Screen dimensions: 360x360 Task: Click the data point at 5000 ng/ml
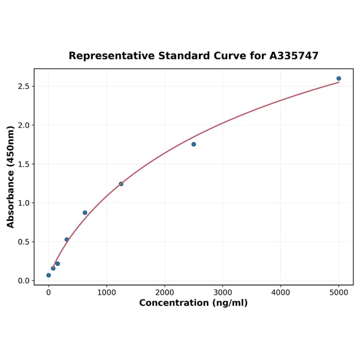[338, 79]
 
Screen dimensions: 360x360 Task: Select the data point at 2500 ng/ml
[194, 144]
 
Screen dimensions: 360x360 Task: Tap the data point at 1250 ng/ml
[121, 184]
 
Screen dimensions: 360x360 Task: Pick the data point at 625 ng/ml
[85, 213]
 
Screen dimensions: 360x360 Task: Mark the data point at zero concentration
[49, 275]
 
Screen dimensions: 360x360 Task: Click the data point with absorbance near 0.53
[67, 239]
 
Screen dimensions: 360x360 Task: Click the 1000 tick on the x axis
[106, 293]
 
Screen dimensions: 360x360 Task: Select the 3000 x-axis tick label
[222, 293]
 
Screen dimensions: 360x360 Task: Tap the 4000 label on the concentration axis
[281, 293]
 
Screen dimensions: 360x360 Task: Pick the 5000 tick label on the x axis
[339, 293]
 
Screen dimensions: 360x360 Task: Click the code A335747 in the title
[294, 56]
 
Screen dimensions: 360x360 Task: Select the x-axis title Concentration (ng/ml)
[193, 303]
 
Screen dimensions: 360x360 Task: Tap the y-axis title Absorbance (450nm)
[10, 177]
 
